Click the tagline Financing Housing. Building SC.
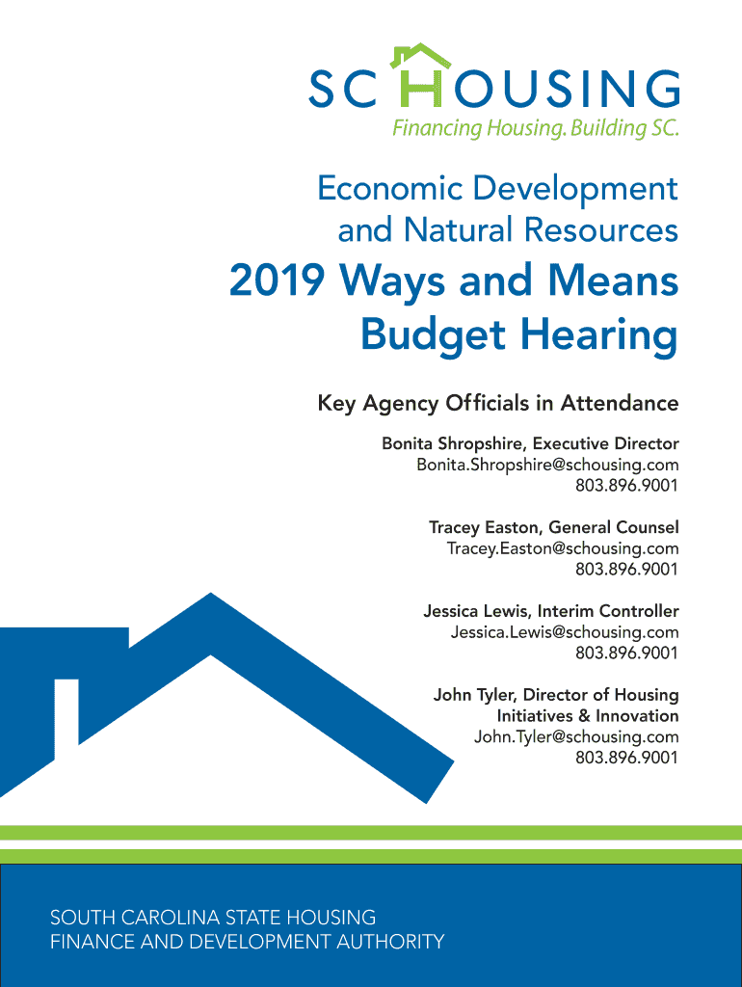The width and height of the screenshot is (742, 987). [536, 128]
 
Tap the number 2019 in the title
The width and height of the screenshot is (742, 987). [277, 280]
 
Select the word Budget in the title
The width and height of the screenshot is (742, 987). [433, 334]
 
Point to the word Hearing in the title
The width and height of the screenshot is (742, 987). [599, 334]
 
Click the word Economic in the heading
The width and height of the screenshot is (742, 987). [389, 188]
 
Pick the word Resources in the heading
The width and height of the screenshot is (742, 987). [601, 229]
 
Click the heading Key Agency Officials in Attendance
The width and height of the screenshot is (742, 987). [498, 403]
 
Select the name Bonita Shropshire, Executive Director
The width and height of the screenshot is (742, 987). [530, 443]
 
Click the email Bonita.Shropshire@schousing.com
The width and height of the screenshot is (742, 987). [547, 465]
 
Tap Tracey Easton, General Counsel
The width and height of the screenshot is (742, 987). [554, 527]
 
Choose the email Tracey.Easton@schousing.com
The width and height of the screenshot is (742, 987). [563, 548]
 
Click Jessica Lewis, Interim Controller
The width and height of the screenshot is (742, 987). [550, 610]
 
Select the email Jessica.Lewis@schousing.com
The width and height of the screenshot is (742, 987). [565, 632]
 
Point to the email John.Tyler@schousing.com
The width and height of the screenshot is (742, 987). [576, 736]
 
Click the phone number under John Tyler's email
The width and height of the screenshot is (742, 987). [626, 758]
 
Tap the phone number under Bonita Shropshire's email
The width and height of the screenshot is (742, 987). [626, 486]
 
